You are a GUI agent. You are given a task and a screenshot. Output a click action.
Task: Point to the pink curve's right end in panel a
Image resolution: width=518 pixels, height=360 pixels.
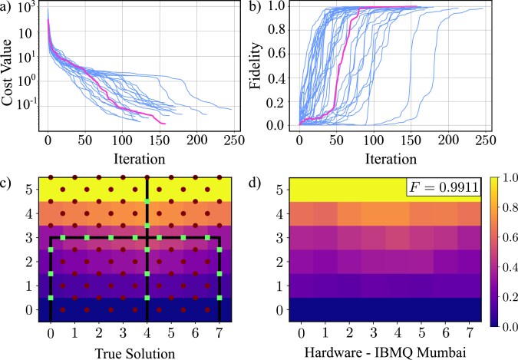click(164, 123)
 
